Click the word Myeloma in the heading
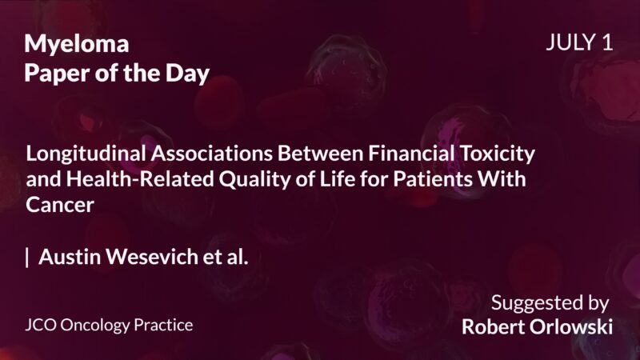coord(77,43)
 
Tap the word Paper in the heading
coord(52,74)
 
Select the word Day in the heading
coord(190,74)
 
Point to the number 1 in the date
coord(609,43)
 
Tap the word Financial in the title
coord(399,151)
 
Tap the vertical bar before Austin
coord(28,257)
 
